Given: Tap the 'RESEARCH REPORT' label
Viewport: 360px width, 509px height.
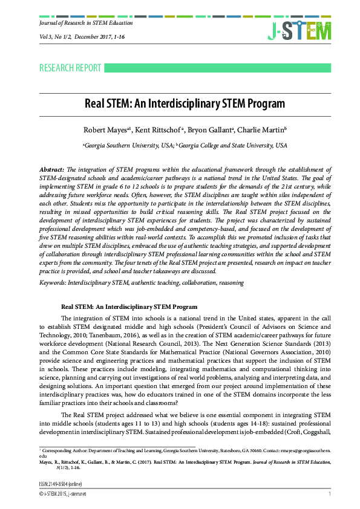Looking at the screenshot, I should pyautogui.click(x=70, y=68).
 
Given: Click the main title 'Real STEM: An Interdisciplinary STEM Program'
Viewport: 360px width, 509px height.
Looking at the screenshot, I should pyautogui.click(x=180, y=103).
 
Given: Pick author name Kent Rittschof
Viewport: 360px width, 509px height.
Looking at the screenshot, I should pyautogui.click(x=154, y=130).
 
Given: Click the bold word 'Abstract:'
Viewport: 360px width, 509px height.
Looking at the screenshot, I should pyautogui.click(x=51, y=171).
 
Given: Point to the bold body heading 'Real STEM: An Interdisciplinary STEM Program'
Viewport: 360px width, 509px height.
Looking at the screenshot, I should pyautogui.click(x=129, y=307).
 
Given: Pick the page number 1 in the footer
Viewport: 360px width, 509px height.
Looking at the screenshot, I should pyautogui.click(x=329, y=494).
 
